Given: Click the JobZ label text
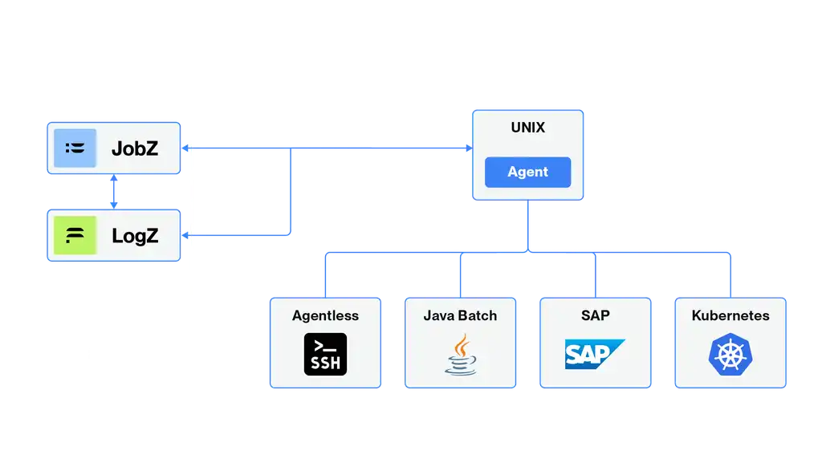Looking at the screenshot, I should pos(134,148).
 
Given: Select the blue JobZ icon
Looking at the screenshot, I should pos(75,148).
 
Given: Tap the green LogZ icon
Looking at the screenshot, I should pos(75,236).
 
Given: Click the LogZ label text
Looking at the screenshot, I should pos(134,236).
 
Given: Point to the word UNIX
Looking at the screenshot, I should pos(527,128).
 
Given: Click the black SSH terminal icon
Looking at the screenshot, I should pos(326,354).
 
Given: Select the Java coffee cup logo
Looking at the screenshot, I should pos(460,354).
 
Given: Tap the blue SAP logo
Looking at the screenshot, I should pos(594,354).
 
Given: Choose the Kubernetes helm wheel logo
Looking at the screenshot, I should pos(729,354).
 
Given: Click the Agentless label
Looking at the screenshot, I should pos(325,315).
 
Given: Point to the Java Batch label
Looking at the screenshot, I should pos(460,315).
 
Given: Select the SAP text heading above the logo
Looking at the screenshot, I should pos(595,315).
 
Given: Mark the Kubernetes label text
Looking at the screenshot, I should pos(730,315).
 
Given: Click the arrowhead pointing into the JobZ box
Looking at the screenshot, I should pos(188,148).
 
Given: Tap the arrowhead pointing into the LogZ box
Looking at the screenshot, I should pos(188,235).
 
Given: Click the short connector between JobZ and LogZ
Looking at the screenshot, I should pos(115,192).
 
